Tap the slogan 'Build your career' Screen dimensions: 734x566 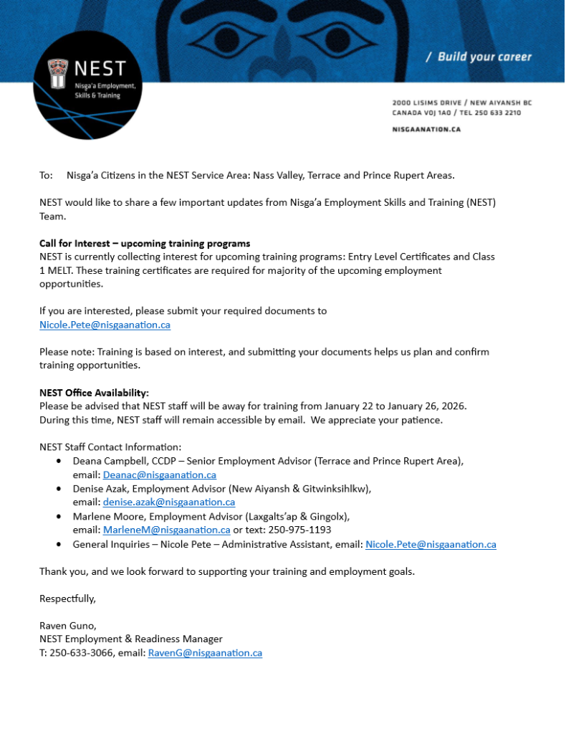479,57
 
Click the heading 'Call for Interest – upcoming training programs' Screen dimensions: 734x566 145,244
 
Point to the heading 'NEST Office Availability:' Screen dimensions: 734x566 94,393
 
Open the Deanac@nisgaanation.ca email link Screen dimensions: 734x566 160,475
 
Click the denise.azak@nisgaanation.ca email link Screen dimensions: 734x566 169,502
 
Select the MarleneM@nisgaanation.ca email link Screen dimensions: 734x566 166,530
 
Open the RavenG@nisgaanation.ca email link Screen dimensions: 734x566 205,653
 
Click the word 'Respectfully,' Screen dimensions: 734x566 67,598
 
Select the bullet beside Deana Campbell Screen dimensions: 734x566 59,461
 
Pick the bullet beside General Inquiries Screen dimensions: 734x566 59,545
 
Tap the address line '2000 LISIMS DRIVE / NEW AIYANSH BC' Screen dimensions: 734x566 462,103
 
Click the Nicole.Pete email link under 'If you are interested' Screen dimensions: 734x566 105,325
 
